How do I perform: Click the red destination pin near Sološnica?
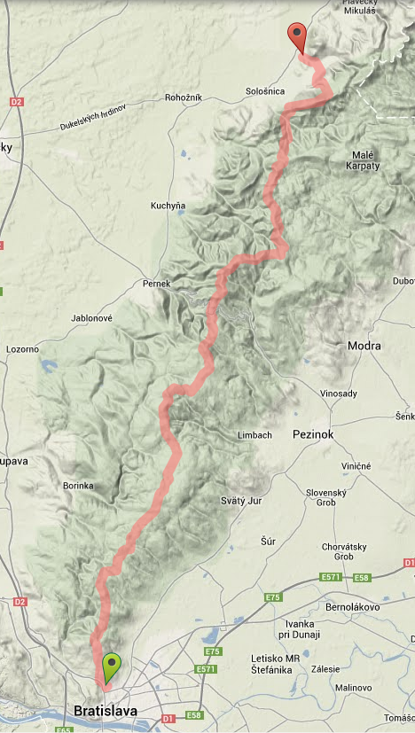point(297,38)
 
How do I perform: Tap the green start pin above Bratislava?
point(111,666)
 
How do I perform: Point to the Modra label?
point(364,346)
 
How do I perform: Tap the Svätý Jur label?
point(239,501)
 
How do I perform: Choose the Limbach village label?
point(254,435)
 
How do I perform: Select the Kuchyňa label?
point(168,206)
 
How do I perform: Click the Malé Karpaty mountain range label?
point(365,160)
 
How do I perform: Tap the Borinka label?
point(79,486)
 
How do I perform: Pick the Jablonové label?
point(90,317)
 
